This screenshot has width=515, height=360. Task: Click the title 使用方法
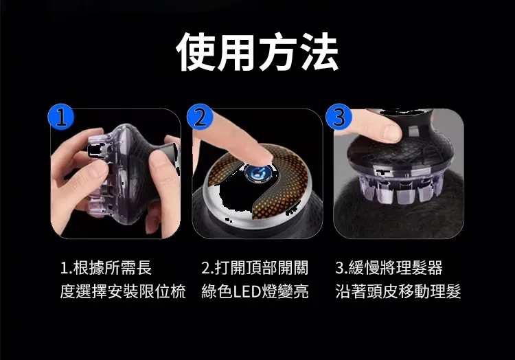coord(257,52)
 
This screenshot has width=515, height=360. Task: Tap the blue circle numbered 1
coord(61,117)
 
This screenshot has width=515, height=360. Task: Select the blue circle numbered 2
coord(200,117)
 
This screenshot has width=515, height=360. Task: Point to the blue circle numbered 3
coord(339,117)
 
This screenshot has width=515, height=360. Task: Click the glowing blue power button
coord(258,173)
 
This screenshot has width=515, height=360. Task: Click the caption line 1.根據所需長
coord(106,268)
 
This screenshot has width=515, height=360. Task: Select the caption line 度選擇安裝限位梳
coord(123,291)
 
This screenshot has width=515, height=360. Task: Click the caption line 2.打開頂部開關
coord(255,268)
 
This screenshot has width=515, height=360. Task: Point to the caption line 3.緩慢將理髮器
coord(389,268)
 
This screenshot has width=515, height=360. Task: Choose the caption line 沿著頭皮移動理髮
coord(398,291)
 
